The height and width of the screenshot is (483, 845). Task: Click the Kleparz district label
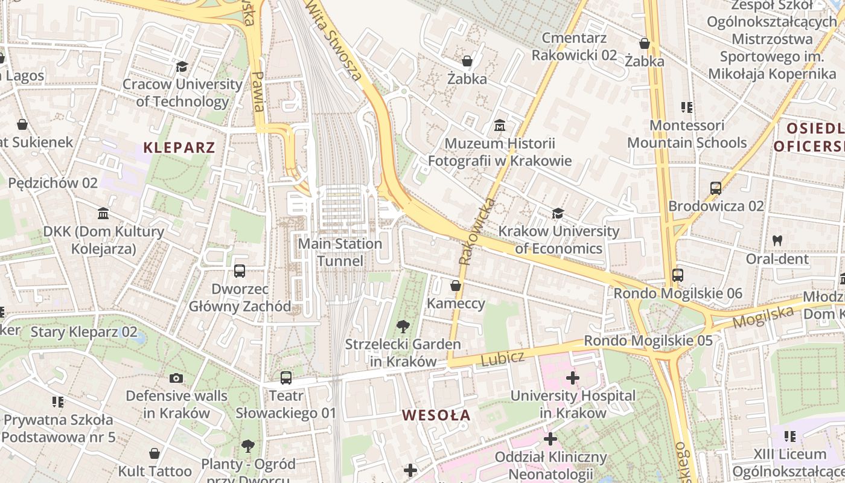pos(179,147)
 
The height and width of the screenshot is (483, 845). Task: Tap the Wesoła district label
pos(436,415)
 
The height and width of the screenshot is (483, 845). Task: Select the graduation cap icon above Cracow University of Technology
pos(182,67)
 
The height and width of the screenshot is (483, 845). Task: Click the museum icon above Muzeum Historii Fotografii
pos(500,126)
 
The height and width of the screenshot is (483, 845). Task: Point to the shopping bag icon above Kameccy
pos(456,286)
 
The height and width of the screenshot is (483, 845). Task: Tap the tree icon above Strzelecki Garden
pos(403,327)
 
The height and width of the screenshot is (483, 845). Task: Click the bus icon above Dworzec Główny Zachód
pos(240,271)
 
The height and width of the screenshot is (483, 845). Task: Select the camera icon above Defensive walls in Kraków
pos(176,379)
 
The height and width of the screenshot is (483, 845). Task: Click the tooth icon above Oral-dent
pos(777,240)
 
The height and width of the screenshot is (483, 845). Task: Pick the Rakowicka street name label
pos(476,232)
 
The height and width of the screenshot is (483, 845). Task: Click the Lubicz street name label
pos(502,358)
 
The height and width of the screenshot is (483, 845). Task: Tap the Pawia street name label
pos(258,91)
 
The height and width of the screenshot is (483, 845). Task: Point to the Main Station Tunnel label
pos(340,252)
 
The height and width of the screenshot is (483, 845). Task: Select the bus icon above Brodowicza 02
pos(716,188)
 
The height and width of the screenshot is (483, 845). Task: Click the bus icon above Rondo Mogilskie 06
pos(678,275)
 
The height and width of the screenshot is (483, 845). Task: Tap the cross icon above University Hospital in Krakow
pos(573,379)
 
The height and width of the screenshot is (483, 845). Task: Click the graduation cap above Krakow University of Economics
pos(558,214)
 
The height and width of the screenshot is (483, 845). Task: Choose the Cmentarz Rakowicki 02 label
pos(574,46)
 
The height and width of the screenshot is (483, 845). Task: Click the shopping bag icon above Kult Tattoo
pos(155,453)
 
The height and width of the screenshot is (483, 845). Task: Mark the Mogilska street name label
pos(763,316)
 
